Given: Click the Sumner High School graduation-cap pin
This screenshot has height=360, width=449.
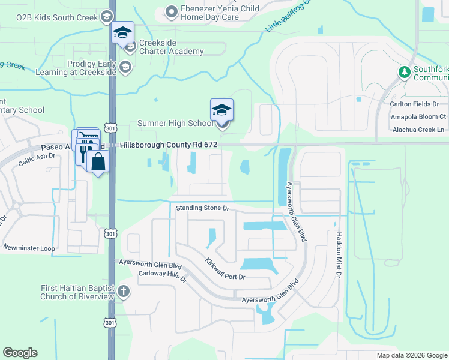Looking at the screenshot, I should pos(221,110).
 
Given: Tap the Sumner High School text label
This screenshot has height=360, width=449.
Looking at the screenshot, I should pos(175,124).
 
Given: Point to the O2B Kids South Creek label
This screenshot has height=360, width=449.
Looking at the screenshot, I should pos(49,17).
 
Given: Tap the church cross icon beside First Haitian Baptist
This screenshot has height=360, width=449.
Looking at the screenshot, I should pos(124,292).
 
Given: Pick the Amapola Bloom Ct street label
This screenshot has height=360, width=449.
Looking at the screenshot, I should pos(418,116).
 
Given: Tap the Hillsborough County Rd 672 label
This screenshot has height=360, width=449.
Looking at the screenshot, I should pos(169,145).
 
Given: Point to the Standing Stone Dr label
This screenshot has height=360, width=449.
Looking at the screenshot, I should pos(203,208).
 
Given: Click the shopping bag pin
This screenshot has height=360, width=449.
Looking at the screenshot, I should pos(97,162).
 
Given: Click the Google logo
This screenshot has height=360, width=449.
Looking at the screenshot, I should pos(20,353).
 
